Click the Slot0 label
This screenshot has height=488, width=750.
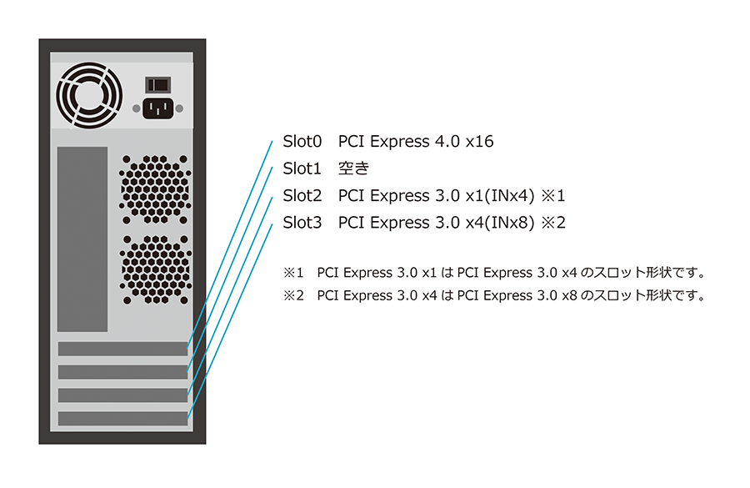tap(302, 142)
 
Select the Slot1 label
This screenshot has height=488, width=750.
tap(302, 169)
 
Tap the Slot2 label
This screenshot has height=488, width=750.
tap(302, 196)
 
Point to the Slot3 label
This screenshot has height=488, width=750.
tap(302, 223)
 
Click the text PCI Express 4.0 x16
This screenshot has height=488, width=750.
tap(416, 142)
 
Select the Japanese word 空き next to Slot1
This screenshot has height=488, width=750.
tap(353, 169)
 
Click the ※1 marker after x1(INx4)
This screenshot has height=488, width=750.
tap(553, 196)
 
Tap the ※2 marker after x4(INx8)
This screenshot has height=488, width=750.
tap(553, 223)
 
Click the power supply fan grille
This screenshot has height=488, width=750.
tap(89, 95)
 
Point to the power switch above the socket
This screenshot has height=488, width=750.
tap(157, 85)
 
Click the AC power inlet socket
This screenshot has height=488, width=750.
tap(157, 108)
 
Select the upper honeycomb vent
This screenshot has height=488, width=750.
tap(155, 189)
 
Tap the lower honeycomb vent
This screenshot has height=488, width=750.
tap(156, 269)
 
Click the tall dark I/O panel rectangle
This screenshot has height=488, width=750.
tap(82, 239)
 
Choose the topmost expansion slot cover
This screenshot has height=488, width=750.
tap(123, 349)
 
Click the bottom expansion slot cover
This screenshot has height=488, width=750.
tap(123, 419)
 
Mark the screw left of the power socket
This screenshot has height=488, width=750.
tap(137, 108)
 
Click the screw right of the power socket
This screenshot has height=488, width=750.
tap(179, 108)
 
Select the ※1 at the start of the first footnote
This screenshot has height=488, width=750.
tap(293, 273)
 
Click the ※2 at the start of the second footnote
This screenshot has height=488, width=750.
tap(293, 295)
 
